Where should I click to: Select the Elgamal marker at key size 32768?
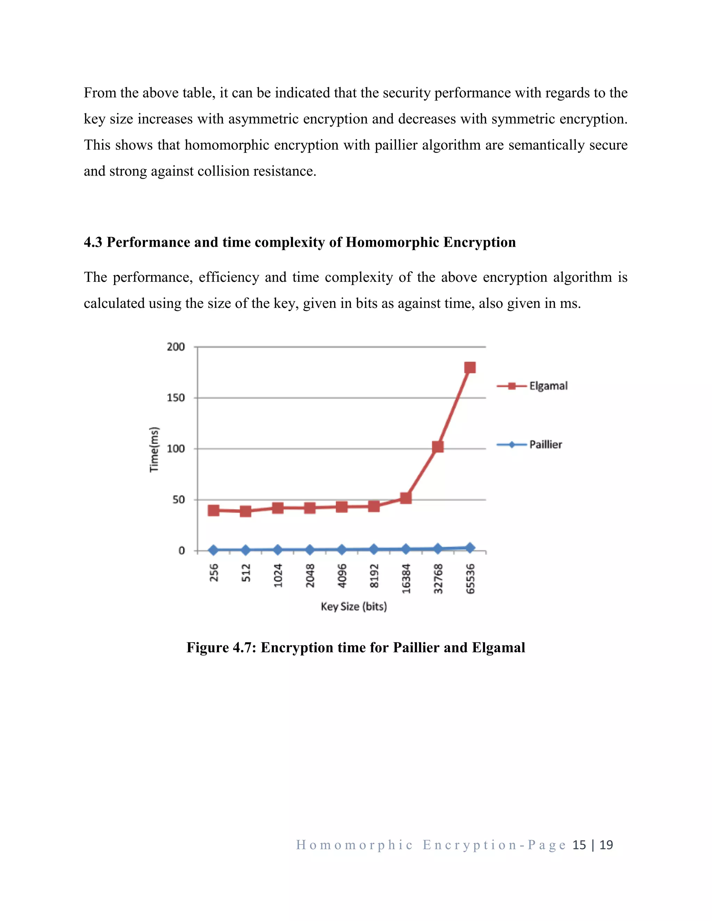(x=438, y=447)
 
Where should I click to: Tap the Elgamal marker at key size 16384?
(x=406, y=498)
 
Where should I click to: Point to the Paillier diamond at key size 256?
(x=213, y=550)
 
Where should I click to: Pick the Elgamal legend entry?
(x=548, y=386)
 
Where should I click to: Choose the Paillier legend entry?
(x=545, y=445)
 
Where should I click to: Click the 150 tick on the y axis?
(x=176, y=398)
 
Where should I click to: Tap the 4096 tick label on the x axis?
(x=342, y=575)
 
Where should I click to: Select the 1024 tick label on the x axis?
(x=277, y=575)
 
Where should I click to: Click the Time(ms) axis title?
(x=154, y=449)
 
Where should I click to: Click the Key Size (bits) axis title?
(x=354, y=606)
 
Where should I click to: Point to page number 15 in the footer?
(x=579, y=845)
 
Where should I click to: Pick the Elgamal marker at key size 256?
(x=213, y=510)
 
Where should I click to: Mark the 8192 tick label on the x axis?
(x=374, y=575)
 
